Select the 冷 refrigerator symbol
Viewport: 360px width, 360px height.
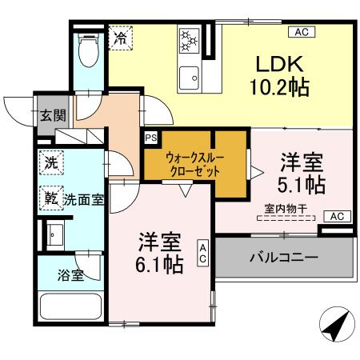(x=121, y=37)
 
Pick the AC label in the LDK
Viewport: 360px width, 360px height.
(x=302, y=33)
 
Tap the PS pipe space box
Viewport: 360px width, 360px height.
(x=150, y=138)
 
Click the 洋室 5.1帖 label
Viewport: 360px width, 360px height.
(x=301, y=174)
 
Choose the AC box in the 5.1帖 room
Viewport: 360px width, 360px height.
(x=337, y=216)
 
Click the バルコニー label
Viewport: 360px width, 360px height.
(x=283, y=258)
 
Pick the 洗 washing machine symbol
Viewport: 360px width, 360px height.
(x=50, y=162)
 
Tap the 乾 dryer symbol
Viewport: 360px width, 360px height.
(x=50, y=197)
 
